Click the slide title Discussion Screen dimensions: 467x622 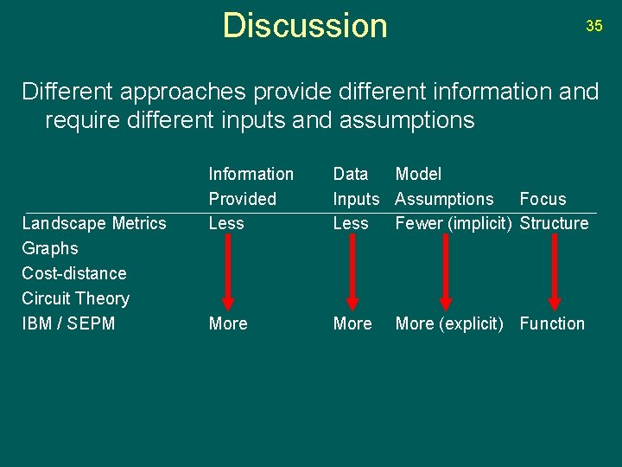(x=305, y=26)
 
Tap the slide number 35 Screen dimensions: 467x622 (x=594, y=26)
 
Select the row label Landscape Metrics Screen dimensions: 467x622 (x=94, y=223)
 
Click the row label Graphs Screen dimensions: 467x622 (x=50, y=248)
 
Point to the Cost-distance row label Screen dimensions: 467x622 (x=74, y=273)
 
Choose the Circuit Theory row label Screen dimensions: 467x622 (x=75, y=298)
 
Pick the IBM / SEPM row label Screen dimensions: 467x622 (x=68, y=323)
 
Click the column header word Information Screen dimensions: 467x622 (x=251, y=174)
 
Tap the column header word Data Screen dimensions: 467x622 (x=351, y=174)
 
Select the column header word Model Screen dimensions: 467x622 (x=418, y=174)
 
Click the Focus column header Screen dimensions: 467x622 (x=543, y=199)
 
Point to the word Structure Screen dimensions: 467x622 (x=554, y=223)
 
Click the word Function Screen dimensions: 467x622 (x=552, y=323)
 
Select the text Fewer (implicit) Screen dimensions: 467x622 (x=454, y=223)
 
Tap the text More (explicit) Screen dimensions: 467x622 (x=449, y=323)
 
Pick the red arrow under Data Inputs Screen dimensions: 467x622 (x=352, y=272)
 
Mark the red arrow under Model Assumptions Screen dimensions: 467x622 (x=446, y=272)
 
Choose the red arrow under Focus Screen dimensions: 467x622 (x=555, y=272)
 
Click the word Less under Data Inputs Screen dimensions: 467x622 (x=351, y=223)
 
